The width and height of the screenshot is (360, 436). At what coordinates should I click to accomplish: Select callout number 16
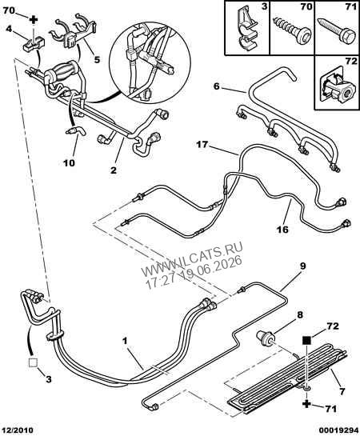[x=282, y=229]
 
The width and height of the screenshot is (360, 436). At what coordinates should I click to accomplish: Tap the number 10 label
[x=70, y=162]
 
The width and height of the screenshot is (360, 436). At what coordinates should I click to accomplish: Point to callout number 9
[x=302, y=266]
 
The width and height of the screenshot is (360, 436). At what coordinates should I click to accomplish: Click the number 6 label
[x=217, y=86]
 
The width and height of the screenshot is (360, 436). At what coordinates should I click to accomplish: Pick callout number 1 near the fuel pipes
[x=125, y=341]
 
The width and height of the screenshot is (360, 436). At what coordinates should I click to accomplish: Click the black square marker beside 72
[x=306, y=340]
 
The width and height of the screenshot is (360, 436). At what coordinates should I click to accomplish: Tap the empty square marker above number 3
[x=33, y=362]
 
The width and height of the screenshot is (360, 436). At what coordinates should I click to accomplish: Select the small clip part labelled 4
[x=34, y=44]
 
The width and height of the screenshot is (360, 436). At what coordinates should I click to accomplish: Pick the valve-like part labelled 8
[x=266, y=338]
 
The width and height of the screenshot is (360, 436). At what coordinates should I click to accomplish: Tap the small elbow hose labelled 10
[x=76, y=131]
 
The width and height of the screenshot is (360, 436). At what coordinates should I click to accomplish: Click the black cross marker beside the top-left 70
[x=34, y=20]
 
